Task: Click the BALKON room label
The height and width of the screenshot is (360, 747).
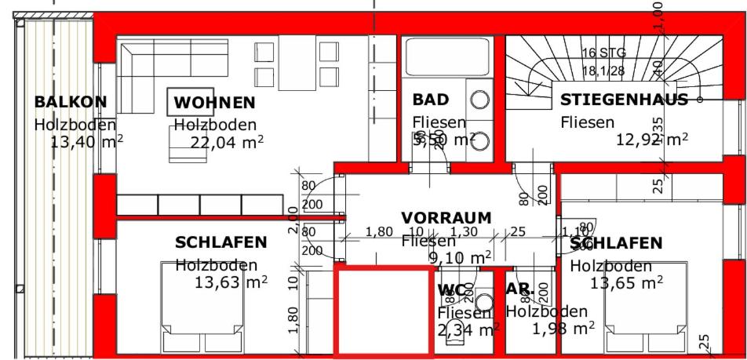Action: point(71,102)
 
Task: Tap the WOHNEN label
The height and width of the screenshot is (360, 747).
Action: point(214,103)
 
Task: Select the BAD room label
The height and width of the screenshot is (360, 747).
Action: point(431,100)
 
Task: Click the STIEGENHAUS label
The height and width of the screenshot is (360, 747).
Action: point(624,100)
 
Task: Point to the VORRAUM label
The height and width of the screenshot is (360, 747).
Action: point(446,217)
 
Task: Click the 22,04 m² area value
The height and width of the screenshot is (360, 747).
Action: point(227,142)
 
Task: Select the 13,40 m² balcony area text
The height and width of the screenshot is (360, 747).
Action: point(86,142)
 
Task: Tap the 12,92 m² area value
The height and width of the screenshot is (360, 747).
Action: point(653,140)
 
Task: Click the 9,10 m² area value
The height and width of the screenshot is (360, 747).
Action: point(460,257)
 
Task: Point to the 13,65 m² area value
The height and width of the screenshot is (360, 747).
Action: point(626,283)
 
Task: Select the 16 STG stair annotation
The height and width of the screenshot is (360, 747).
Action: point(599,53)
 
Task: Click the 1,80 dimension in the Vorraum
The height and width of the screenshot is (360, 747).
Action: point(379,232)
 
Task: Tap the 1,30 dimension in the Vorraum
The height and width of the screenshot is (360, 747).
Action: point(465,232)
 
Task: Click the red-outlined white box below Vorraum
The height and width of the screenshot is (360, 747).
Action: point(384,311)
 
